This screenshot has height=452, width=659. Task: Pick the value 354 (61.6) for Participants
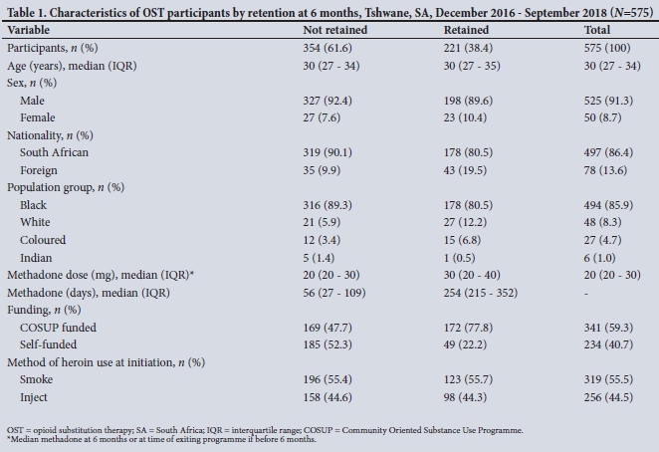point(329,47)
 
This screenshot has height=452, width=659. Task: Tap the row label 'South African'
point(55,151)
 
